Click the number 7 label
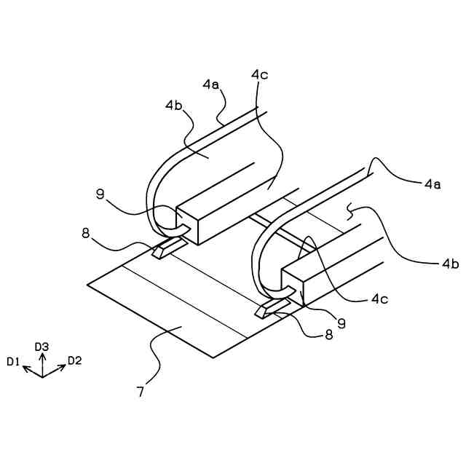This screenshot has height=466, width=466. (x=141, y=391)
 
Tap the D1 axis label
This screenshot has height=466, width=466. (x=13, y=360)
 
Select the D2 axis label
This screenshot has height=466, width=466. (x=75, y=360)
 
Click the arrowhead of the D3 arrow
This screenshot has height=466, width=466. (x=42, y=356)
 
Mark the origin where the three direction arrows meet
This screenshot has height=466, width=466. (x=42, y=376)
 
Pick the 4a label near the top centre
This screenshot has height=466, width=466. (x=210, y=84)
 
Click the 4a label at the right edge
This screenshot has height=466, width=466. (x=433, y=185)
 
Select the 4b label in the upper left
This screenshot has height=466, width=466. (x=174, y=105)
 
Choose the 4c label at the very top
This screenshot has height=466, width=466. (x=260, y=74)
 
